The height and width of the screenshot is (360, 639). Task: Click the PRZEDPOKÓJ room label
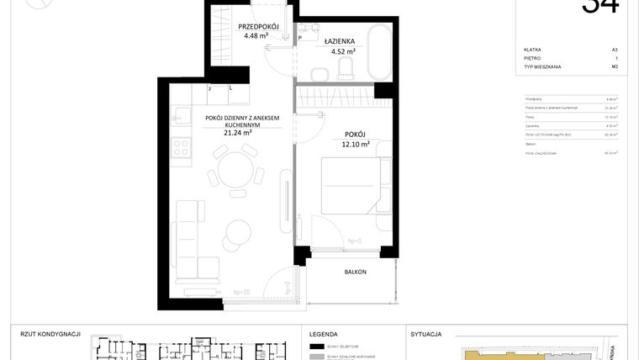[x=246, y=26]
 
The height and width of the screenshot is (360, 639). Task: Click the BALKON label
[x=356, y=272]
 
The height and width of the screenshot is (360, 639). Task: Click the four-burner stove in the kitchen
[x=181, y=148]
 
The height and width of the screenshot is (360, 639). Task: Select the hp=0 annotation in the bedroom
[x=356, y=241]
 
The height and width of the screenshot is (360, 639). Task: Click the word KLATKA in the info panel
[x=532, y=50]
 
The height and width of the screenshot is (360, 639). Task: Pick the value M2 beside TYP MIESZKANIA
[x=615, y=66]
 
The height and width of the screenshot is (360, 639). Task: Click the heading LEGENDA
[x=324, y=334]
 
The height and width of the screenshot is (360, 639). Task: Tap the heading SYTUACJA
[x=426, y=334]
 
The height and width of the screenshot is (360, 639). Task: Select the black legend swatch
[x=317, y=347]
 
